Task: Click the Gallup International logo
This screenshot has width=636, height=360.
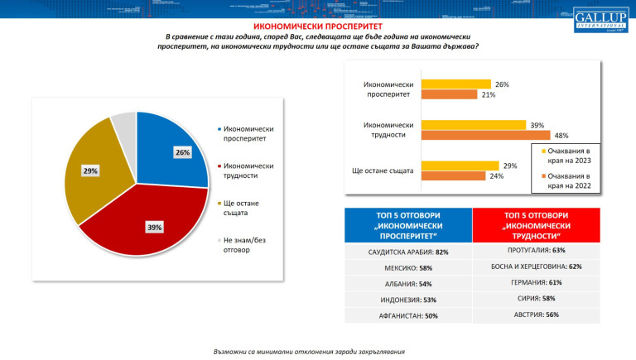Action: click(599, 22)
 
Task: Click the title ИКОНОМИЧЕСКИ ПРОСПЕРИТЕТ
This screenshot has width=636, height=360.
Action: click(317, 26)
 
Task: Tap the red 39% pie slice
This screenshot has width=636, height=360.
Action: click(153, 223)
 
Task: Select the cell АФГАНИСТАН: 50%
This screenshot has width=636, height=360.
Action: click(407, 315)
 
